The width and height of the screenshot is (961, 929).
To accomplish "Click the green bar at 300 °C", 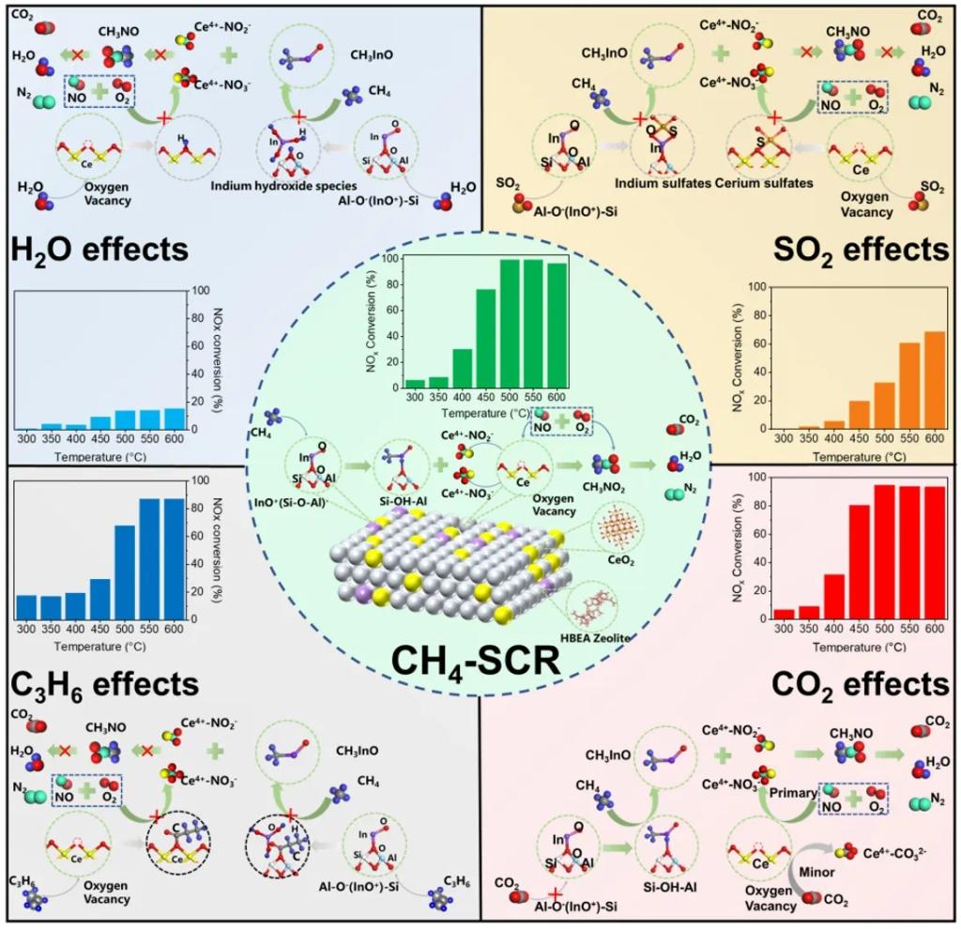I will pos(415,382).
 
